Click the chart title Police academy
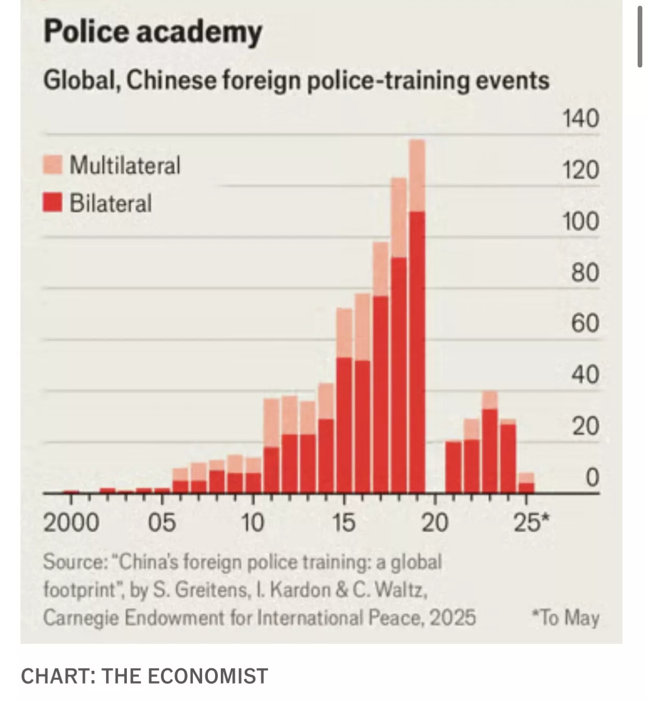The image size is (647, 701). pyautogui.click(x=153, y=32)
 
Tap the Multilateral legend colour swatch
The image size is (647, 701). pyautogui.click(x=52, y=165)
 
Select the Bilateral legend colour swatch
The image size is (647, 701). pyautogui.click(x=52, y=203)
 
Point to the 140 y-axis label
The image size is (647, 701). pyautogui.click(x=580, y=118)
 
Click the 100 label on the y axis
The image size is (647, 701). pyautogui.click(x=580, y=221)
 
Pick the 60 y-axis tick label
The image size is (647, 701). pyautogui.click(x=585, y=323)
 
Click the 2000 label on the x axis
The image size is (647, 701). pyautogui.click(x=71, y=522)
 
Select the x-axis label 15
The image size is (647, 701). pyautogui.click(x=344, y=522)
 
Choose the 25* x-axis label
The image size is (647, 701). pyautogui.click(x=530, y=522)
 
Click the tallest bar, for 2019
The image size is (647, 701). pyautogui.click(x=417, y=353)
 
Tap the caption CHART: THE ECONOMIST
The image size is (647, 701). pyautogui.click(x=144, y=676)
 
